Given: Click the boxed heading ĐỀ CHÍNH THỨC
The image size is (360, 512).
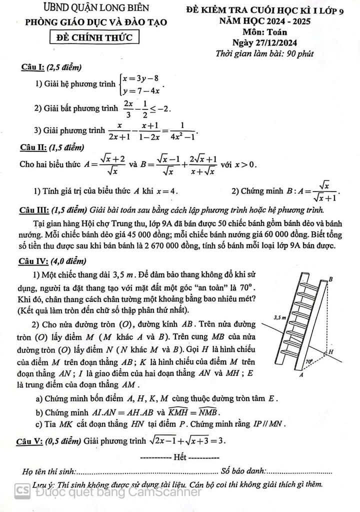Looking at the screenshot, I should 95,37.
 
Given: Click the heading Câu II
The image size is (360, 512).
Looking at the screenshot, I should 33,147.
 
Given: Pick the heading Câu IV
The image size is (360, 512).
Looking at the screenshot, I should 34,260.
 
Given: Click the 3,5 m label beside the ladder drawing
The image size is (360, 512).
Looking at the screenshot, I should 280,317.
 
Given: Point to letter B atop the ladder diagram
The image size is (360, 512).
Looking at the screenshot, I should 330,279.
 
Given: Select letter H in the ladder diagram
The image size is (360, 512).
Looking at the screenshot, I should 330,352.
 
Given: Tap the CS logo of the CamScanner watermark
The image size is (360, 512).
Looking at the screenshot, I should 21,490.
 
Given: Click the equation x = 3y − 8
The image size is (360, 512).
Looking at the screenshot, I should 142,78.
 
